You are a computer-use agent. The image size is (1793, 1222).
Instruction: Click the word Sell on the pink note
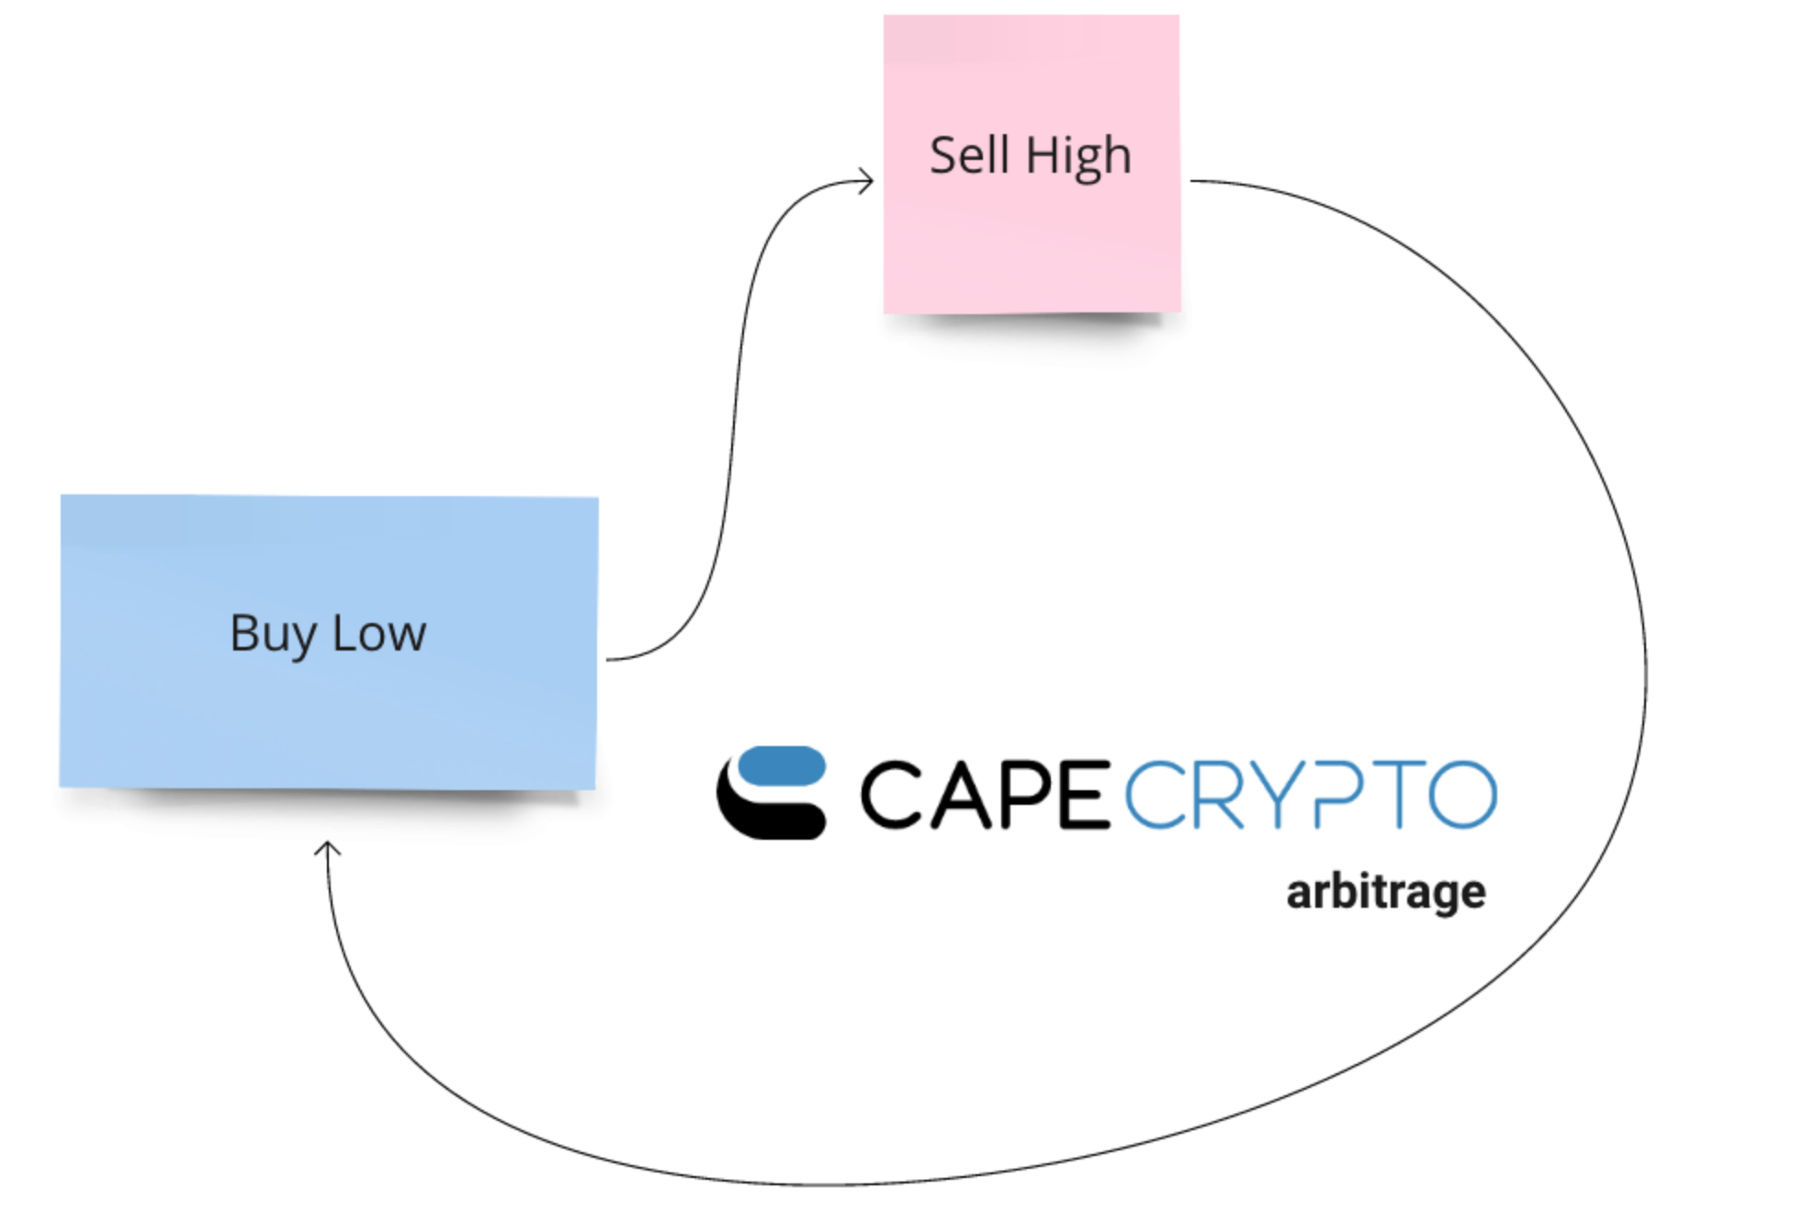968,155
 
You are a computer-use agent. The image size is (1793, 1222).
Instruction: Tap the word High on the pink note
1078,157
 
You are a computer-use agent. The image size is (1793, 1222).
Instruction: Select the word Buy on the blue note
273,635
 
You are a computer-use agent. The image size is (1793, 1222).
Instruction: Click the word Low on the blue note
378,634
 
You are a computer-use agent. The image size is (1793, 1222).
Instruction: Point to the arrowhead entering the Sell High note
868,180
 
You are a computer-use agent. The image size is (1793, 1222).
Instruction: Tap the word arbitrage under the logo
1385,892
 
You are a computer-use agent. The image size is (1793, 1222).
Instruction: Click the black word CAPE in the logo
985,795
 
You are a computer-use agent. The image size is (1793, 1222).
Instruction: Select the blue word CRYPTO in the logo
1311,795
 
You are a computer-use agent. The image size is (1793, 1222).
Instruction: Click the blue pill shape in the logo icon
782,766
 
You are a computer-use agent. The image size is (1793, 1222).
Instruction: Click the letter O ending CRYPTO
1462,795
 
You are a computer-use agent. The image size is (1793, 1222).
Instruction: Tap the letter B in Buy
244,633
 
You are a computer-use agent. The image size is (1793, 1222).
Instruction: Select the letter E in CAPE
1085,795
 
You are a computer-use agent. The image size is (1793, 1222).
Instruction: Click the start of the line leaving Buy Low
609,659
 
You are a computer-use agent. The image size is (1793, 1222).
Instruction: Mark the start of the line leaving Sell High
1192,181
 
